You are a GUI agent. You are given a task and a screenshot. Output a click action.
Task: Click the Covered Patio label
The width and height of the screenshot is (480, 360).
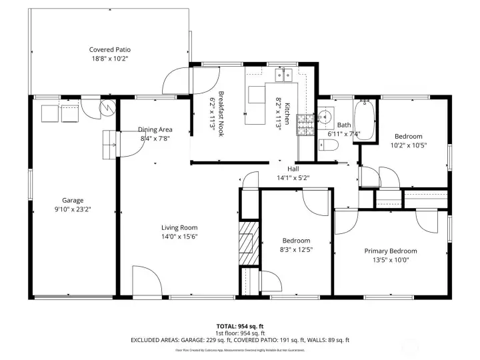click(x=110, y=49)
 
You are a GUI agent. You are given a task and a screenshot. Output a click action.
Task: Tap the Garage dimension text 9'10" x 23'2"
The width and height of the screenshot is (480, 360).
click(x=72, y=209)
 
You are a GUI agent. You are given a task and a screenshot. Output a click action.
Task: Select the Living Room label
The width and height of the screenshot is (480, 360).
click(x=179, y=227)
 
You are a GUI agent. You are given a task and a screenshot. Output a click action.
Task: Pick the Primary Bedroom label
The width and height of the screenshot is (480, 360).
click(x=390, y=251)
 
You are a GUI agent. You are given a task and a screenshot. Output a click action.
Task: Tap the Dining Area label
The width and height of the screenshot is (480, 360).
click(x=155, y=129)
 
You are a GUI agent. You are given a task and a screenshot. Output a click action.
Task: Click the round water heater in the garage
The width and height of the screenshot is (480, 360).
click(x=107, y=107)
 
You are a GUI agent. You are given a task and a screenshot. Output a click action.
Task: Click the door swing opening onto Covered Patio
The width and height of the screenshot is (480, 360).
click(x=178, y=81)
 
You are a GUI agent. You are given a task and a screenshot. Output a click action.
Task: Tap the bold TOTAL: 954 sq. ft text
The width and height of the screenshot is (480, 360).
click(x=239, y=326)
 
